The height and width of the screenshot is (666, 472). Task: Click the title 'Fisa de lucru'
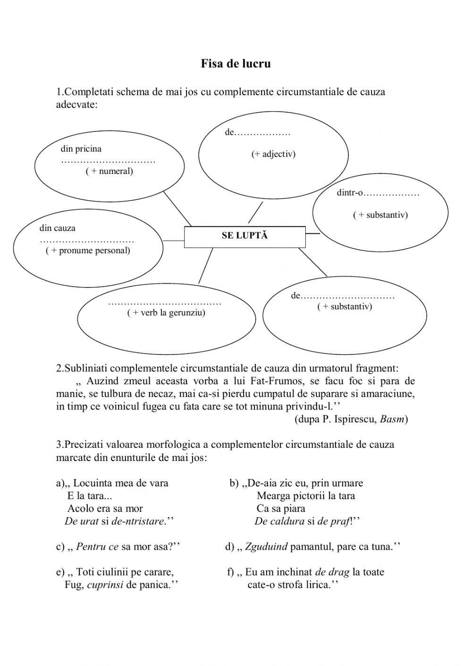[x=236, y=64]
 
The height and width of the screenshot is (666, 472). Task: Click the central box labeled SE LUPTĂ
[x=244, y=236]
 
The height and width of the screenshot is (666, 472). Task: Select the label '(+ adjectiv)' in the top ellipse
[x=273, y=154]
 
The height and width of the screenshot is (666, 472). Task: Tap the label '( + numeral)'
[x=109, y=171]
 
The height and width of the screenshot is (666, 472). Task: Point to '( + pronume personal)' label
[x=88, y=250]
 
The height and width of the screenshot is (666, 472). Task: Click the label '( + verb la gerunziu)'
[x=166, y=312]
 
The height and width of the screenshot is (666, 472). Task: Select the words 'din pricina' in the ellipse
[x=81, y=149]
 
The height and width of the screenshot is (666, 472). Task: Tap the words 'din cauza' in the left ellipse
[x=57, y=228]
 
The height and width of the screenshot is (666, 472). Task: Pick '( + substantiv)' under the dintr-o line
[x=380, y=215]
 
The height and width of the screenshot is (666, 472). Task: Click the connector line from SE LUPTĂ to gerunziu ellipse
[x=203, y=266]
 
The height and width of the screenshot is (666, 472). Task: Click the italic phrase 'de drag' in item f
[x=332, y=572]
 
